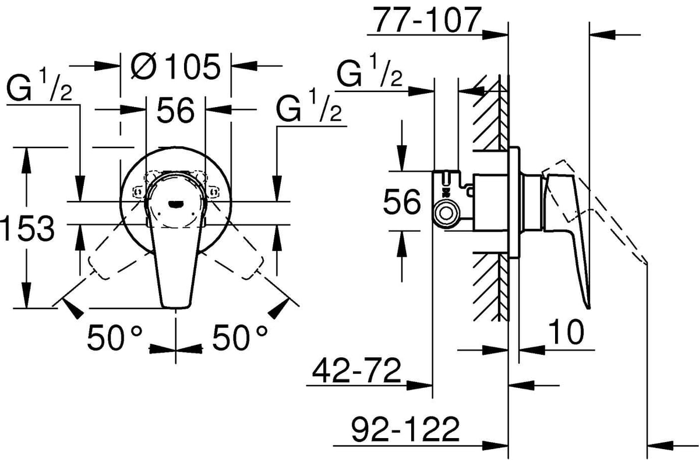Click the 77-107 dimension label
pos(427,20)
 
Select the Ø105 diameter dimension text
pos(176,66)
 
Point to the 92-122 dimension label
pos(405,429)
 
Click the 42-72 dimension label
pos(356,370)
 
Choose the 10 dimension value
pos(566,331)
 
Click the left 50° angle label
pos(115,338)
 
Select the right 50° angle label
pos(239,338)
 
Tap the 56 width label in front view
pos(176,110)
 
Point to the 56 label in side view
pos(401,202)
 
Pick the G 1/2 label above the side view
pos(369,71)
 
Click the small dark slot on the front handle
pos(175,204)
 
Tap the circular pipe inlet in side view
pos(446,214)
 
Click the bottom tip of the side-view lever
pos(588,308)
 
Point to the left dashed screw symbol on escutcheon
pos(137,190)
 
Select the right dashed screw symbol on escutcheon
pos(214,190)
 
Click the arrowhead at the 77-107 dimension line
pos(495,35)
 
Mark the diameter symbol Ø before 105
pos(143,66)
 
